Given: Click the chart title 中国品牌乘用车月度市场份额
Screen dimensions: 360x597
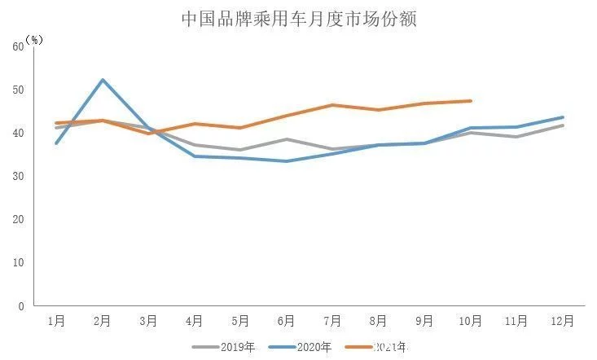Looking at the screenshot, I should (x=298, y=20).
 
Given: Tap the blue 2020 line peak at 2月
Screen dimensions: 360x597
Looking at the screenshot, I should (x=103, y=80).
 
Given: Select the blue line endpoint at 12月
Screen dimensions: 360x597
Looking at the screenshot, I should (x=563, y=117).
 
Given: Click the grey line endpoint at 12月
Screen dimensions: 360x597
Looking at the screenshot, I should (x=563, y=125).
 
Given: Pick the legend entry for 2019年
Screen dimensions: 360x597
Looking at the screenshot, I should (x=224, y=348).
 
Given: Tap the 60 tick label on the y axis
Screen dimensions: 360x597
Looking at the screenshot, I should (x=18, y=46).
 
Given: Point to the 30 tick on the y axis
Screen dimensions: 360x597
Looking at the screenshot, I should (x=18, y=176).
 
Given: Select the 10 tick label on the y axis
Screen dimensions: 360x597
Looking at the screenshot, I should (x=18, y=263).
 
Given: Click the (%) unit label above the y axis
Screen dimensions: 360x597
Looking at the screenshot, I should (x=33, y=38).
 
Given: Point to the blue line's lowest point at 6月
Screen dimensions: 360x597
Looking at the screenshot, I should (x=286, y=161).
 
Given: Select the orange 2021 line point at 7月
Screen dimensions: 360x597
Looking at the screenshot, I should (x=332, y=105).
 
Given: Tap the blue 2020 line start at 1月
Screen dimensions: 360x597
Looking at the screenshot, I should (x=56, y=143).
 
